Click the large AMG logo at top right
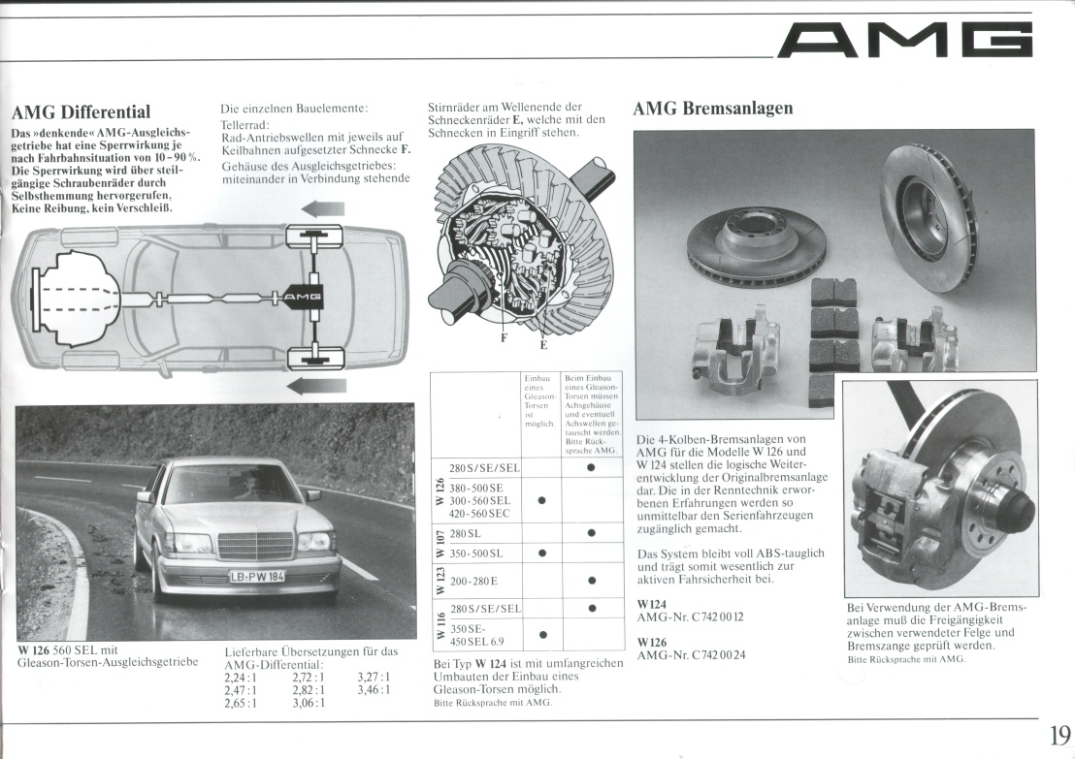point(906,41)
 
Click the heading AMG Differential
point(80,111)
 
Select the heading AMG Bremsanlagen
point(713,108)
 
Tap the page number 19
point(1059,734)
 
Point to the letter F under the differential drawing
point(504,337)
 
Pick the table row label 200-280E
point(474,583)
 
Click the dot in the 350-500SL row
point(541,553)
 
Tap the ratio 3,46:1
point(374,690)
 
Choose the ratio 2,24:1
point(241,678)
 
